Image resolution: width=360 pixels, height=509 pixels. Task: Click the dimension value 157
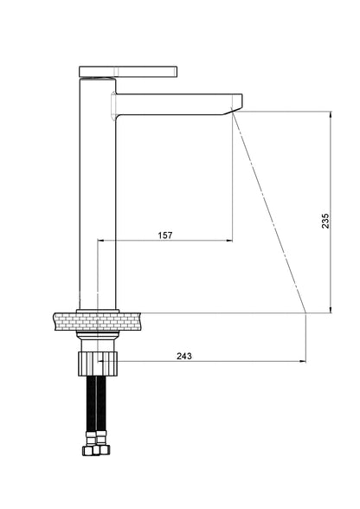pos(165,235)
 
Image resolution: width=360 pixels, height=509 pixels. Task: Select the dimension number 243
pos(184,356)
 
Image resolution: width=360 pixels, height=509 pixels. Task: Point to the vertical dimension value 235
pos(325,221)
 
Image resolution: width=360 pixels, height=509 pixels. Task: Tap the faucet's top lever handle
pos(128,72)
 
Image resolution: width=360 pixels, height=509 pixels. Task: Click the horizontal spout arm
pos(179,104)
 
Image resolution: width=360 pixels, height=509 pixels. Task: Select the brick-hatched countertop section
pos(98,321)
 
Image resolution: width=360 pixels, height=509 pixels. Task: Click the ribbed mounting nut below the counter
pos(98,363)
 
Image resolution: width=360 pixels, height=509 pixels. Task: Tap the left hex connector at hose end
pos(89,449)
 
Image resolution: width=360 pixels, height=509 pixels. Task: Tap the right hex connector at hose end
pos(104,449)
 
